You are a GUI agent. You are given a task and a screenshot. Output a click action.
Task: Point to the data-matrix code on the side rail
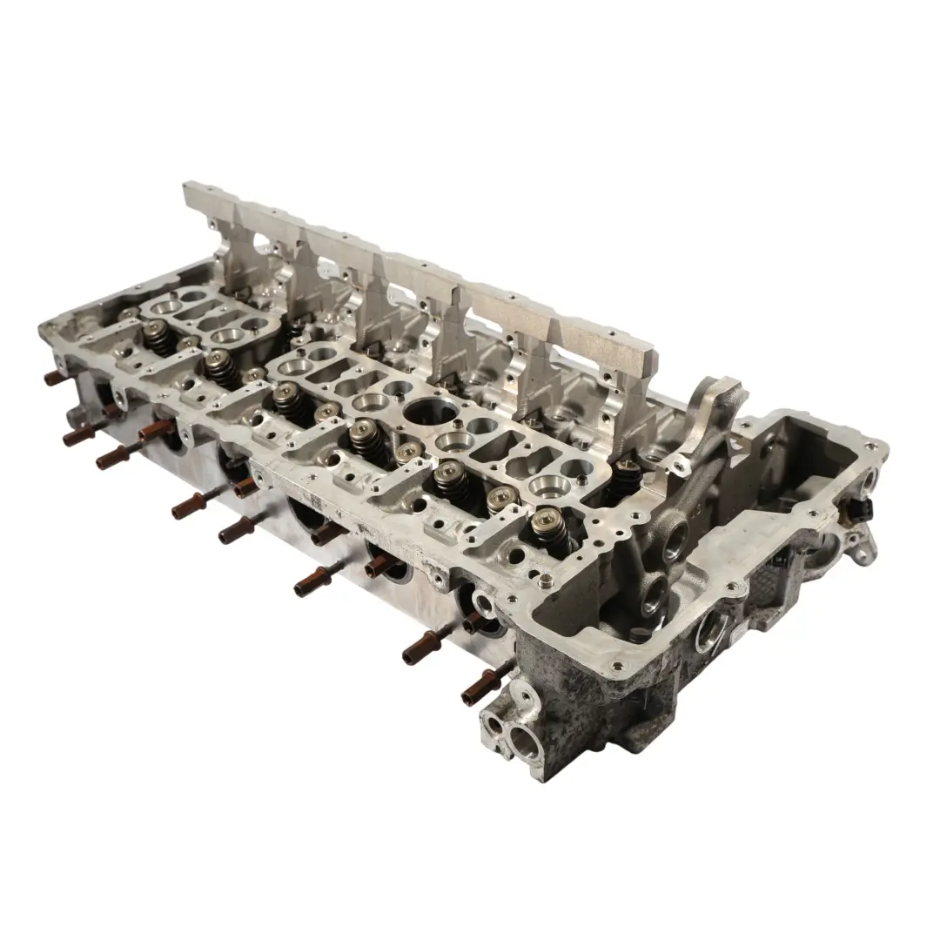(313, 504)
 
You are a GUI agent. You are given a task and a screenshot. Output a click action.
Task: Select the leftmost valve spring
(162, 336)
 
